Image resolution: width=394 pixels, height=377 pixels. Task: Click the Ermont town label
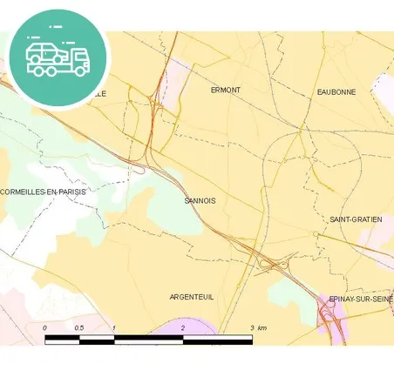pos(225,90)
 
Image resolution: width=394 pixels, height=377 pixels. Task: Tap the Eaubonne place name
pos(336,91)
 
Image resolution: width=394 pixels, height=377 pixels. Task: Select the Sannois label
pos(200,200)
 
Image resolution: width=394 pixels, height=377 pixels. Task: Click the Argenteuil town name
pos(191,297)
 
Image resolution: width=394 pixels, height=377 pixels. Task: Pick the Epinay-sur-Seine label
pos(361,299)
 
